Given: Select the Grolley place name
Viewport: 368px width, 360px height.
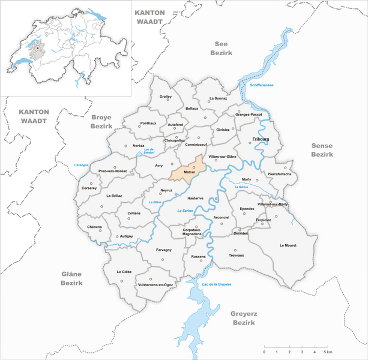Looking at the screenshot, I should coord(166,97).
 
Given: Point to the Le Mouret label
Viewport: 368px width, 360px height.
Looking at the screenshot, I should coord(288,245).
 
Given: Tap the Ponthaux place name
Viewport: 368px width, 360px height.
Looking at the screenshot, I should coord(131,122).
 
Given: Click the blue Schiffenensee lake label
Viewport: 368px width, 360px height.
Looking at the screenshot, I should coord(261,85).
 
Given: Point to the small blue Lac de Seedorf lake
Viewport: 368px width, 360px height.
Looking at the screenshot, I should coord(140,154).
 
